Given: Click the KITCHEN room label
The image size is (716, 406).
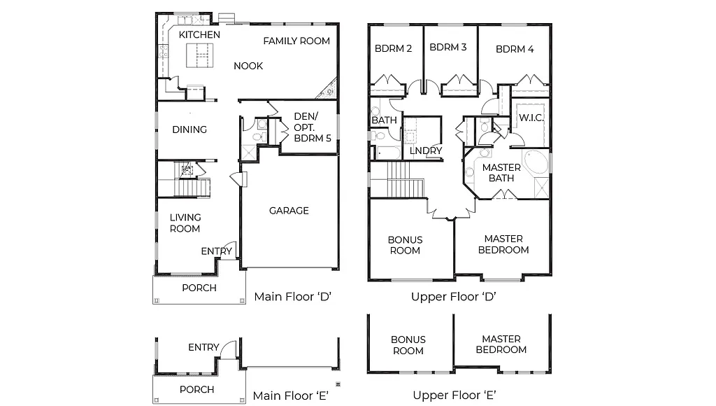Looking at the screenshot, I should tap(199, 34).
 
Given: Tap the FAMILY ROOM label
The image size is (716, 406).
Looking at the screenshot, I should tap(296, 41).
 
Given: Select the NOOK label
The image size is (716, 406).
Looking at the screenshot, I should tap(248, 66).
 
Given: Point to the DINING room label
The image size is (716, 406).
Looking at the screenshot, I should tap(189, 129).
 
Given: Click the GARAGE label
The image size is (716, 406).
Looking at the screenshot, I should tap(289, 211).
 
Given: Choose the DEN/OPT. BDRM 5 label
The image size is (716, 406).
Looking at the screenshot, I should tap(313, 127).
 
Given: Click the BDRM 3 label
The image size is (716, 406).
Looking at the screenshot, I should tap(448, 48).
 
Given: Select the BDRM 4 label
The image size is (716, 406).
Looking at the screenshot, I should tap(515, 49).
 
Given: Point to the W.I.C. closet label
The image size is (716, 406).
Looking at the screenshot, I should tap(531, 118).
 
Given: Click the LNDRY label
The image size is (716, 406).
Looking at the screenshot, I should tap(425, 150).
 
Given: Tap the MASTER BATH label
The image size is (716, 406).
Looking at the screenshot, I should tap(501, 173).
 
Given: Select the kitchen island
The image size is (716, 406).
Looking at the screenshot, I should tap(199, 54).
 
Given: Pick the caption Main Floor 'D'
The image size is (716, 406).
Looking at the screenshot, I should tap(292, 296).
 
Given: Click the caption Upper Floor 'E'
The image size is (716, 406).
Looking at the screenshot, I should tap(454, 395).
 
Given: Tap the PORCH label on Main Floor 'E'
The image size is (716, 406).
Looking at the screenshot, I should tap(197, 389).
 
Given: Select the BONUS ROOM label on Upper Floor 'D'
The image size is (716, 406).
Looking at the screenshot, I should tap(406, 245).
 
